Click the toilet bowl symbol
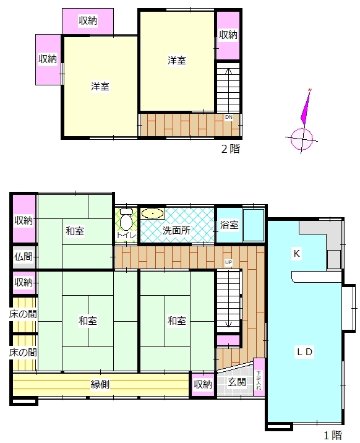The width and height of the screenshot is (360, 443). pyautogui.click(x=126, y=220)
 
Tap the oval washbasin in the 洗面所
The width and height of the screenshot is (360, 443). pyautogui.click(x=152, y=213)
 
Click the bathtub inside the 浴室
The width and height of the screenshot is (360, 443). pyautogui.click(x=254, y=225)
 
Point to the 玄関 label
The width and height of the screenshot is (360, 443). pyautogui.click(x=237, y=382)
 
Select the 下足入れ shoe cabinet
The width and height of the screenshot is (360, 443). pyautogui.click(x=259, y=377)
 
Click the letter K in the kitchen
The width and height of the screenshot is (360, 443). pyautogui.click(x=296, y=254)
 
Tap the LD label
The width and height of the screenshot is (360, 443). pyautogui.click(x=304, y=352)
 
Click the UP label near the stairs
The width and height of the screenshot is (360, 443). pyautogui.click(x=228, y=262)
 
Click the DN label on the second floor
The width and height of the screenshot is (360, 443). pyautogui.click(x=229, y=117)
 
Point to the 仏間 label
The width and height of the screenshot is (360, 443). pyautogui.click(x=24, y=257)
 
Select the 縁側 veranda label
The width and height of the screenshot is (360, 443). pyautogui.click(x=100, y=384)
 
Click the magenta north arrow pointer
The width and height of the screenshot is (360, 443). pyautogui.click(x=306, y=107)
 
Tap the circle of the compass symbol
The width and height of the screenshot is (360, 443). pyautogui.click(x=302, y=139)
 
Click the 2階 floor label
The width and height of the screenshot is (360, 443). pyautogui.click(x=231, y=148)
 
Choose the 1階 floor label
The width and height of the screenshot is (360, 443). pyautogui.click(x=333, y=436)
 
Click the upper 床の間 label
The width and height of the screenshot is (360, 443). pyautogui.click(x=23, y=314)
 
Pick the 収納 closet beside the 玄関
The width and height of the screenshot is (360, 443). pyautogui.click(x=203, y=384)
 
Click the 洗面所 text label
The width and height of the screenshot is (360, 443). pyautogui.click(x=176, y=230)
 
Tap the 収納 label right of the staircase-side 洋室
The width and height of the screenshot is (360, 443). pyautogui.click(x=228, y=35)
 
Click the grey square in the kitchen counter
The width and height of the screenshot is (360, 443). pyautogui.click(x=334, y=259)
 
